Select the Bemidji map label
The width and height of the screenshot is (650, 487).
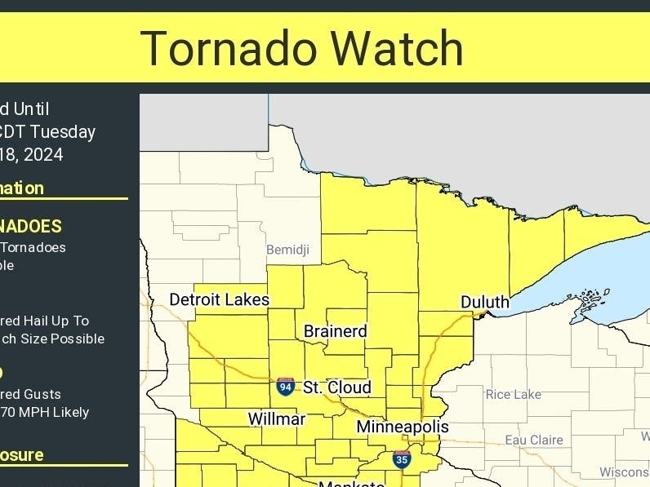pos(287,249)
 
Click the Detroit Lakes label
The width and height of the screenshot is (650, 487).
pos(219,299)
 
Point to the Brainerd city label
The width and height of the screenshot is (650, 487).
pos(335,331)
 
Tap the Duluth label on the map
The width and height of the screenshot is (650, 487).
pos(485,303)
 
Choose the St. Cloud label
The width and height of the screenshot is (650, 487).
pos(336,387)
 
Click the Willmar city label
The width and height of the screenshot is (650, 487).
pos(276,419)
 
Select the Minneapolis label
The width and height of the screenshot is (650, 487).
pos(403,427)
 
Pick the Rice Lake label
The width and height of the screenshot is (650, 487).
pos(514,395)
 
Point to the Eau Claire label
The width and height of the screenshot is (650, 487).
pos(534,440)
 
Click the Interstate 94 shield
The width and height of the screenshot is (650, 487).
pos(285,387)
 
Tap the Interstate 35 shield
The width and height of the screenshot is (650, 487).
pos(401,460)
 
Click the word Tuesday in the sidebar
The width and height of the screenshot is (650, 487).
pos(65,132)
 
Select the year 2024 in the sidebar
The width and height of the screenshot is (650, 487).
pos(45,155)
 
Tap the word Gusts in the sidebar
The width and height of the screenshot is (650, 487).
pos(47,394)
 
